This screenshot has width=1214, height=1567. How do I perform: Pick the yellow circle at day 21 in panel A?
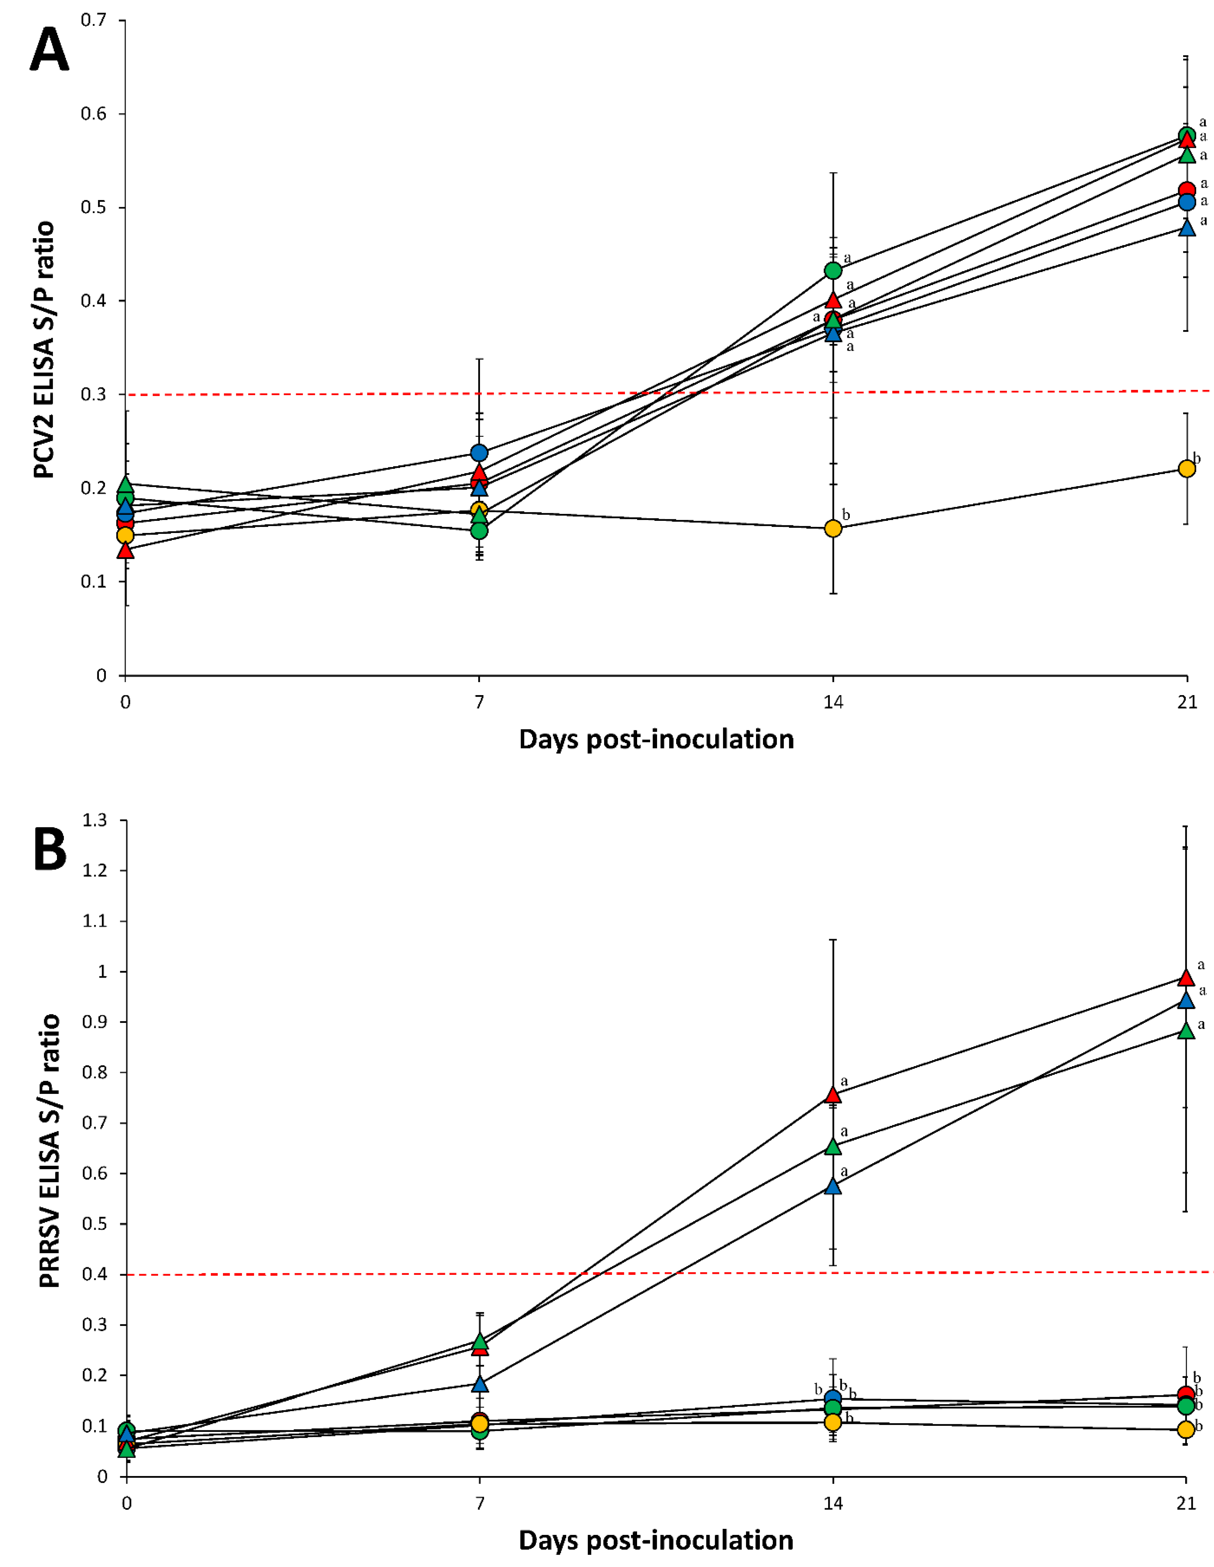pyautogui.click(x=1187, y=468)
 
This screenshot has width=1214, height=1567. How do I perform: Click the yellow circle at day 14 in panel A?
pyautogui.click(x=833, y=529)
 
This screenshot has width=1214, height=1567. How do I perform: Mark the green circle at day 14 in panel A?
pyautogui.click(x=833, y=271)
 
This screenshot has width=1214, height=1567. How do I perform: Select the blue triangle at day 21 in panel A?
pyautogui.click(x=1187, y=227)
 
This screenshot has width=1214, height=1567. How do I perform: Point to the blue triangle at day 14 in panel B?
pyautogui.click(x=833, y=1186)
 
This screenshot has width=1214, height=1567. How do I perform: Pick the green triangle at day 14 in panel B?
pyautogui.click(x=833, y=1146)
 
